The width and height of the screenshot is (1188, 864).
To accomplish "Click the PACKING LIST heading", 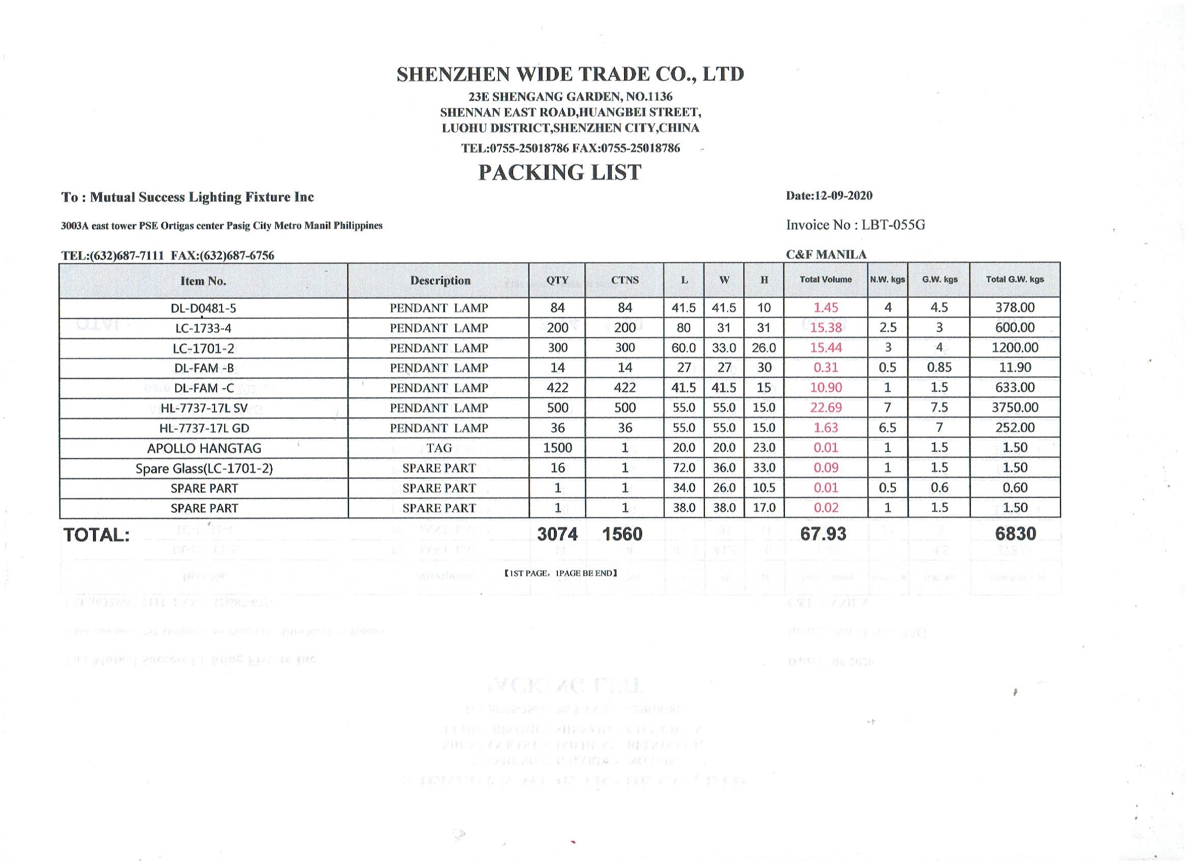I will point(559,172).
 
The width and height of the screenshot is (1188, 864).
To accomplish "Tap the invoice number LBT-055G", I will point(893,225).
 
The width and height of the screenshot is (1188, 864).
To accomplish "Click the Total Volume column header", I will point(825,280).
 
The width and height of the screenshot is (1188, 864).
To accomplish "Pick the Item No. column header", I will point(203,281).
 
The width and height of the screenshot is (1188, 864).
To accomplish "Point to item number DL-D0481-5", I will point(203,308).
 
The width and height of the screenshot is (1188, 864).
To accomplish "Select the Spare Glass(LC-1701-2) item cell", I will point(204,469).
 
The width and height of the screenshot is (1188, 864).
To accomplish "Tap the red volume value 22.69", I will point(826,408).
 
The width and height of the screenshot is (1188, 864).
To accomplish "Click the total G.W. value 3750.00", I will point(1015,408).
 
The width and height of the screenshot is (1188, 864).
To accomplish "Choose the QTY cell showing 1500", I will point(557,448).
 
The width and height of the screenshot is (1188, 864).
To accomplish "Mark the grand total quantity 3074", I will point(557,534).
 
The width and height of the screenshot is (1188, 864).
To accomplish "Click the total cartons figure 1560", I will point(622,534).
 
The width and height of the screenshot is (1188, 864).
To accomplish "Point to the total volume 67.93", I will point(823,534).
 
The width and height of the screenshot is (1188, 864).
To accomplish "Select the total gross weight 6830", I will point(1016,534).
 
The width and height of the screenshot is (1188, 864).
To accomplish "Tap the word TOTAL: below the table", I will point(97,535).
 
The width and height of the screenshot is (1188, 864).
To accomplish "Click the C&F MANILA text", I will point(826,255).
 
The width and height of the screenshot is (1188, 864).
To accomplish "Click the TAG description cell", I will point(439,448).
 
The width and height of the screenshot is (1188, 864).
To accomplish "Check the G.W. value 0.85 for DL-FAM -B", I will point(939,368).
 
